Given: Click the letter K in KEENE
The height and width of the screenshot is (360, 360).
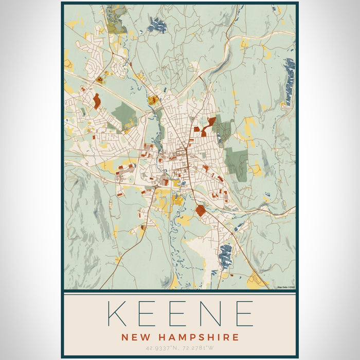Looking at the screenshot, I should coord(117,314).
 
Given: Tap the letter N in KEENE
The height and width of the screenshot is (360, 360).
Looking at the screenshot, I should coord(212,314).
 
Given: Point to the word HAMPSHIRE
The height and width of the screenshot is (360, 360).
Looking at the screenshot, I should coord(198,337).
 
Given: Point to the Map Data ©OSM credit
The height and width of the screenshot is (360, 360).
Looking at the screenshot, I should coord(286,287).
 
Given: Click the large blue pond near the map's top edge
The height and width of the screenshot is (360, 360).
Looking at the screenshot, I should coord(158,25).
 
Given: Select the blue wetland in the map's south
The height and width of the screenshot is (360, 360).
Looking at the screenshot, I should coord(225,255).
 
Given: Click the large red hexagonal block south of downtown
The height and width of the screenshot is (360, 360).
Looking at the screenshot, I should coord(200,210).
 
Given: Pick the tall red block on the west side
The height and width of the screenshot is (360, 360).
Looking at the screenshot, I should coord(97,101).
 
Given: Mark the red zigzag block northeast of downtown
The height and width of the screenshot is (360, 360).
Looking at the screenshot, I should coord(209,125).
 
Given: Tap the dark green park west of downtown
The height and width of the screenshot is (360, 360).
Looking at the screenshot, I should coord(124,113).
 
